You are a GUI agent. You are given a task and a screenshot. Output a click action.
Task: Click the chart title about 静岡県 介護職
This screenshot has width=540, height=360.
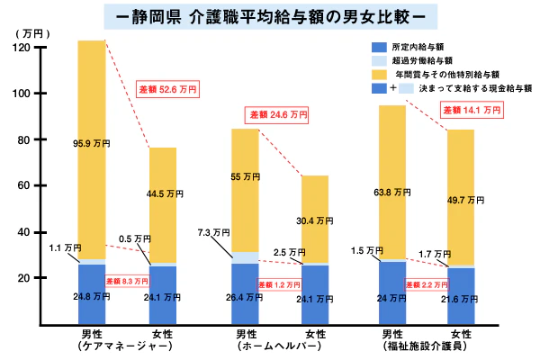coord(270,16)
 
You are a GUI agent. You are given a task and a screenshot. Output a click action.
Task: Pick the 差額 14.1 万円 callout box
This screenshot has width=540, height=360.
coord(471,110)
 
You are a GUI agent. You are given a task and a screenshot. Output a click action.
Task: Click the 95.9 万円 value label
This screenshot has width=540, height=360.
coord(91,143)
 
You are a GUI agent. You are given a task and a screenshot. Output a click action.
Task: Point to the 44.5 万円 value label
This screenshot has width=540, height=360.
coord(163,193)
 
